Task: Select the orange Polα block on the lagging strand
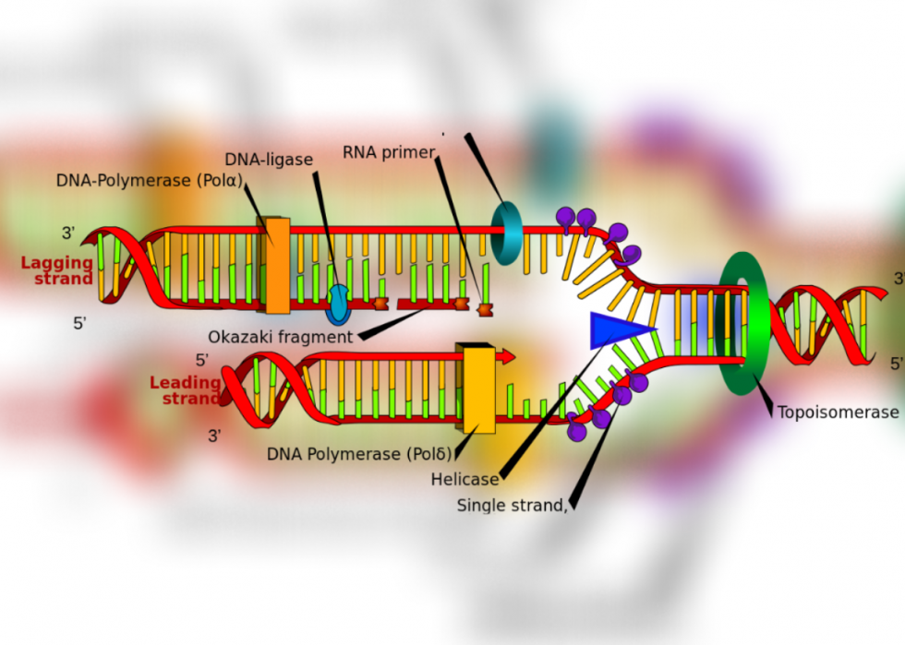click(276, 266)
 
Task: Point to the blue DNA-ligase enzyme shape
click(338, 305)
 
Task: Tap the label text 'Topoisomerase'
click(838, 412)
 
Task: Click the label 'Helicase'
click(465, 480)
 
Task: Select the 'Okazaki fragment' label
click(280, 337)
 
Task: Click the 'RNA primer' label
click(388, 152)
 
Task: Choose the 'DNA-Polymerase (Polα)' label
click(149, 181)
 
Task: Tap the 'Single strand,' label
click(512, 506)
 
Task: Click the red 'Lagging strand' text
click(57, 270)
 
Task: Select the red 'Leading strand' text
click(185, 390)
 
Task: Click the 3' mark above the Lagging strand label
click(68, 233)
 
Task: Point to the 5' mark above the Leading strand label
click(201, 360)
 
